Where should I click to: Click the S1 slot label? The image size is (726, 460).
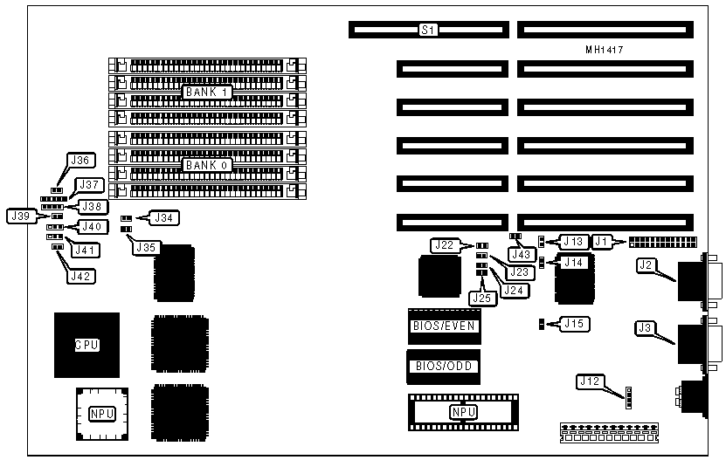click(x=428, y=30)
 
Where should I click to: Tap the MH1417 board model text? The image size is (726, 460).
click(x=604, y=51)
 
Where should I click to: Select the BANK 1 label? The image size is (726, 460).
click(x=207, y=91)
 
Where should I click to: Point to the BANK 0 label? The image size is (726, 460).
click(x=207, y=164)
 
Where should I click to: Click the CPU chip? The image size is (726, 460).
click(x=85, y=345)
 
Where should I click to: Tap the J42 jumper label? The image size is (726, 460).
click(x=83, y=276)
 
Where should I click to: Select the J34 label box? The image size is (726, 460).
click(x=163, y=217)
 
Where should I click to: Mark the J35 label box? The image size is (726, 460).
click(x=146, y=247)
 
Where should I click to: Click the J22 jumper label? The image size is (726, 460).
click(x=445, y=244)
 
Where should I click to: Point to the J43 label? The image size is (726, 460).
click(x=522, y=255)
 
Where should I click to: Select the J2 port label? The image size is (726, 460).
click(x=647, y=264)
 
